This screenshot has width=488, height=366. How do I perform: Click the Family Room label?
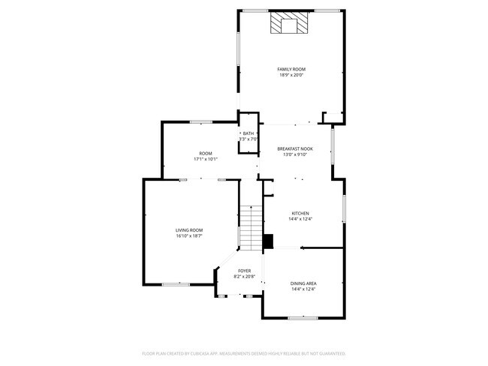point(291,69)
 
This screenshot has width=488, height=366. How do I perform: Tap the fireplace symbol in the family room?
point(288,25)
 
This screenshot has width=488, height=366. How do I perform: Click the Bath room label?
point(248,133)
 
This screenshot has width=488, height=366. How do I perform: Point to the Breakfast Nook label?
point(294,148)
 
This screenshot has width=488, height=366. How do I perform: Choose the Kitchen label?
point(300,213)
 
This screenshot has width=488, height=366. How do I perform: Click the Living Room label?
point(189,230)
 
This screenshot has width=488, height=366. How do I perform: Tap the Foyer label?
point(245,271)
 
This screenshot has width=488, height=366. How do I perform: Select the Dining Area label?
point(303,283)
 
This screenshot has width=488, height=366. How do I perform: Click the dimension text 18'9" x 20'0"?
point(291,75)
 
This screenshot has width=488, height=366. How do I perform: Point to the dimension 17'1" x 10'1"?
point(205,159)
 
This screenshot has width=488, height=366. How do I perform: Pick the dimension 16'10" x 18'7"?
point(189,236)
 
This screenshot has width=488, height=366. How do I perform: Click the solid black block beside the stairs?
point(267,241)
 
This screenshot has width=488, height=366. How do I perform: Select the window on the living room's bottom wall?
point(176,283)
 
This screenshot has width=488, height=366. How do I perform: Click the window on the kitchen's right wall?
point(344,208)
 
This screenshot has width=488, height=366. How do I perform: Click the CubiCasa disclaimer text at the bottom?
point(243,352)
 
